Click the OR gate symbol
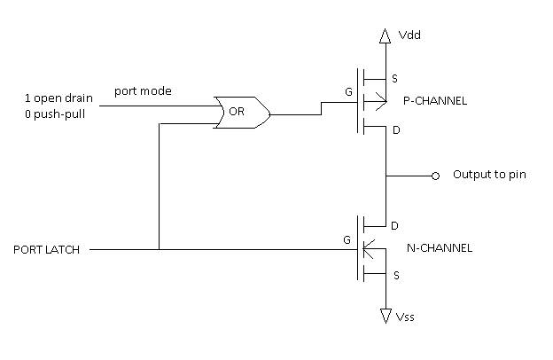point(238,113)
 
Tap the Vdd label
point(410,37)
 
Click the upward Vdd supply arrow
point(385,35)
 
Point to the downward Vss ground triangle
point(385,314)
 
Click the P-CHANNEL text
point(435,102)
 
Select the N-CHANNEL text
point(438,249)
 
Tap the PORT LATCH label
point(46,250)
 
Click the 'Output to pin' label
point(489,175)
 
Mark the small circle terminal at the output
point(435,176)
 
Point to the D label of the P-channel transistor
point(395,129)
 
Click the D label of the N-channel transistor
point(395,224)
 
